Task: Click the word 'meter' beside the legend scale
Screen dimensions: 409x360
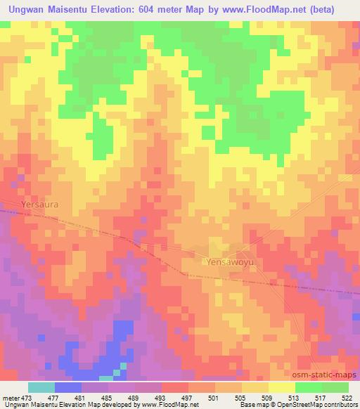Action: tap(11, 397)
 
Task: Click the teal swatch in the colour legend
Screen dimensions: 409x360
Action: tap(41, 387)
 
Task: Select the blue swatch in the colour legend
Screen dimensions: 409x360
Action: tap(68, 387)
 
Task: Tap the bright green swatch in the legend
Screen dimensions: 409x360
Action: tap(309, 387)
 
